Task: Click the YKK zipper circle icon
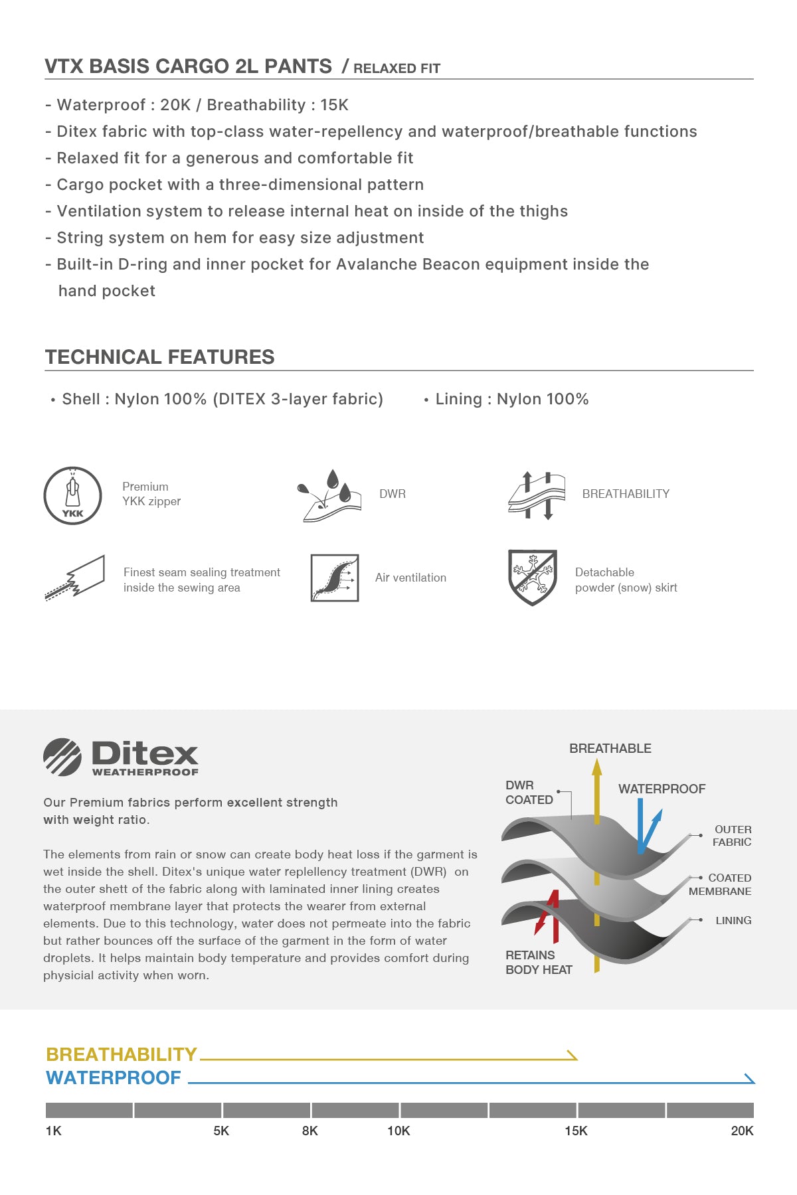[x=72, y=495]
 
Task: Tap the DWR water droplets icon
[x=329, y=495]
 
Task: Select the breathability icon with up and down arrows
[x=537, y=495]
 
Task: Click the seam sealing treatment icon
[x=75, y=578]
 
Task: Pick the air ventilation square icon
[x=335, y=578]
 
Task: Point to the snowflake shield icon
[x=532, y=577]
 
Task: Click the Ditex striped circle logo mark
[x=62, y=757]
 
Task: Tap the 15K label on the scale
[x=576, y=1131]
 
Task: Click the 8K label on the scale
[x=310, y=1131]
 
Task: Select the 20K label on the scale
[x=742, y=1131]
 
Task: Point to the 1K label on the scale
[x=53, y=1131]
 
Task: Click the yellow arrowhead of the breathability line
[x=571, y=1055]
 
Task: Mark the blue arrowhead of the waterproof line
[x=749, y=1079]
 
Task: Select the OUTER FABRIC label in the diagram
[x=732, y=836]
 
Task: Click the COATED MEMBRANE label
[x=721, y=884]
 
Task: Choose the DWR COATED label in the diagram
[x=529, y=793]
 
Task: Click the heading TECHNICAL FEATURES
[x=159, y=357]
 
